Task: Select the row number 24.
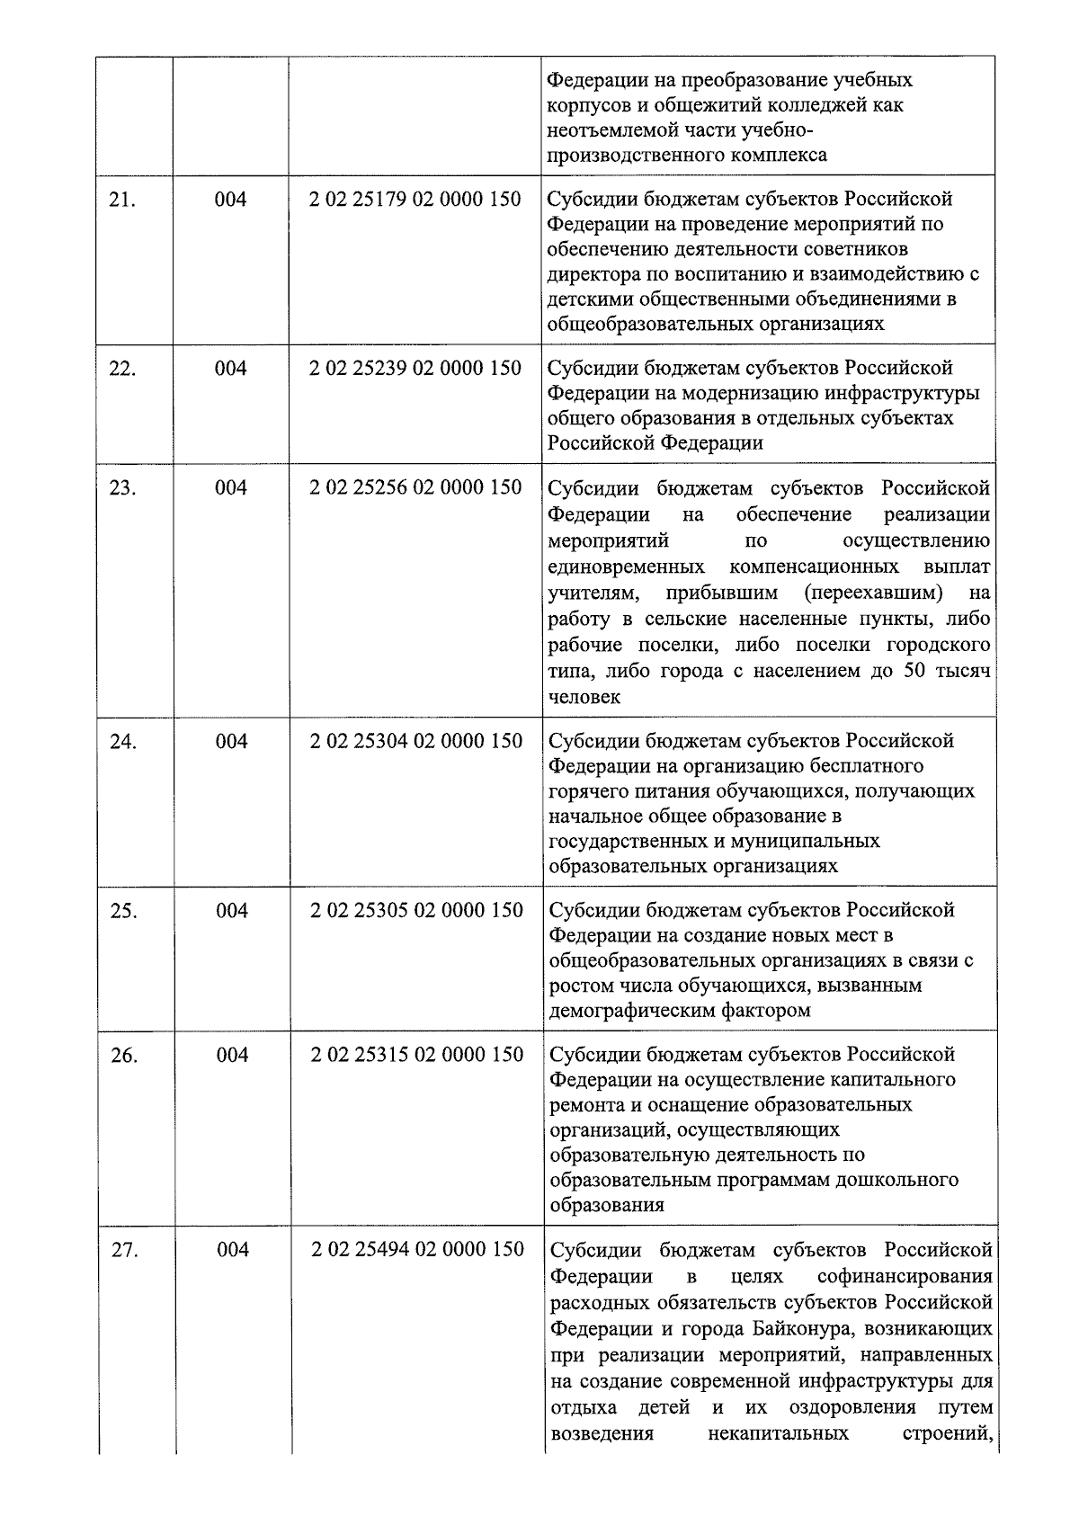(x=122, y=743)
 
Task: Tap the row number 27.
(x=124, y=1250)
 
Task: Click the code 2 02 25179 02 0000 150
(x=415, y=199)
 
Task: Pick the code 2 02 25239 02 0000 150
(x=415, y=369)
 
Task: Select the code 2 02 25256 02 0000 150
(x=415, y=487)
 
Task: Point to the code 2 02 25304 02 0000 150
(x=416, y=741)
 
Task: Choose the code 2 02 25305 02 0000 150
(x=416, y=910)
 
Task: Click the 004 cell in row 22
(x=230, y=369)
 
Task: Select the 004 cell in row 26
(x=232, y=1055)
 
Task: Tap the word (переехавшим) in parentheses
(x=874, y=593)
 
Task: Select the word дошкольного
(x=902, y=1180)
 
